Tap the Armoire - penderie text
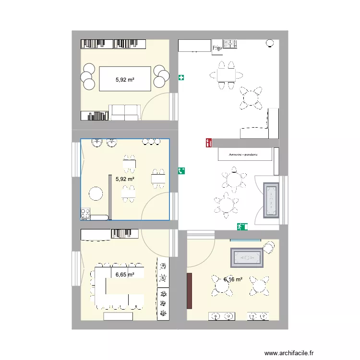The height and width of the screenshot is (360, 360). [x=244, y=155]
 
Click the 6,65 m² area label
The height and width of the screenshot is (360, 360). [x=124, y=275]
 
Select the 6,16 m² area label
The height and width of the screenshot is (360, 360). [x=233, y=279]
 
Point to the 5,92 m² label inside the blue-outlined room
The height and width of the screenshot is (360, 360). [x=124, y=179]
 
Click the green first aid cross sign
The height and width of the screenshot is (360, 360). [x=181, y=77]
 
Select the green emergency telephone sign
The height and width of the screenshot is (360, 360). [x=182, y=170]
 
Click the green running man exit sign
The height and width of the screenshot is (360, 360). [x=241, y=226]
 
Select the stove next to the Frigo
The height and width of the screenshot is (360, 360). [x=231, y=45]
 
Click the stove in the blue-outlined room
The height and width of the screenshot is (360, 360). [x=86, y=213]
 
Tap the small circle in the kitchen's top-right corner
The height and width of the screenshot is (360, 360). [x=270, y=44]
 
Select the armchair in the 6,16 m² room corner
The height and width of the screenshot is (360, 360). [x=269, y=248]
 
